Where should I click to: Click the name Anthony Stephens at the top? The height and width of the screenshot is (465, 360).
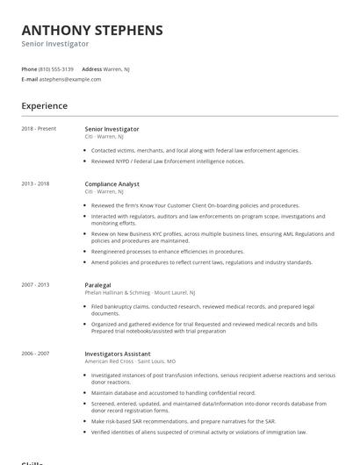92,30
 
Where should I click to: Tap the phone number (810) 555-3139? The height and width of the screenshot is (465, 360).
57,68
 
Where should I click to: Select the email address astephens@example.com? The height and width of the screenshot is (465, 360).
70,79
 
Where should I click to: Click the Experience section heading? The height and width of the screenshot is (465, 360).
44,106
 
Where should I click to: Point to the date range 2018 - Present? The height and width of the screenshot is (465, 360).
39,129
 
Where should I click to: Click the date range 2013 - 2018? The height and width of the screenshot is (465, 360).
36,184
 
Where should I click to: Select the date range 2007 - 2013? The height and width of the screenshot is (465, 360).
36,284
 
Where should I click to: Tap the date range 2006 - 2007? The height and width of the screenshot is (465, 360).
36,354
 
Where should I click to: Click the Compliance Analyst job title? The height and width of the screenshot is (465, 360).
112,184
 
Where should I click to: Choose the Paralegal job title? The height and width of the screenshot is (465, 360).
97,284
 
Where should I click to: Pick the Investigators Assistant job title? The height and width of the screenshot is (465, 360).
119,354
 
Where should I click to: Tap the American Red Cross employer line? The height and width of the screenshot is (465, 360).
130,361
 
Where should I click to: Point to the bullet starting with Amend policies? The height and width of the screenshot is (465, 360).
201,262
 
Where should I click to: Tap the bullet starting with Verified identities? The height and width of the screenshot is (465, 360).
198,433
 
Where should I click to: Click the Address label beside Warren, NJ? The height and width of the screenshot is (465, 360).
91,68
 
